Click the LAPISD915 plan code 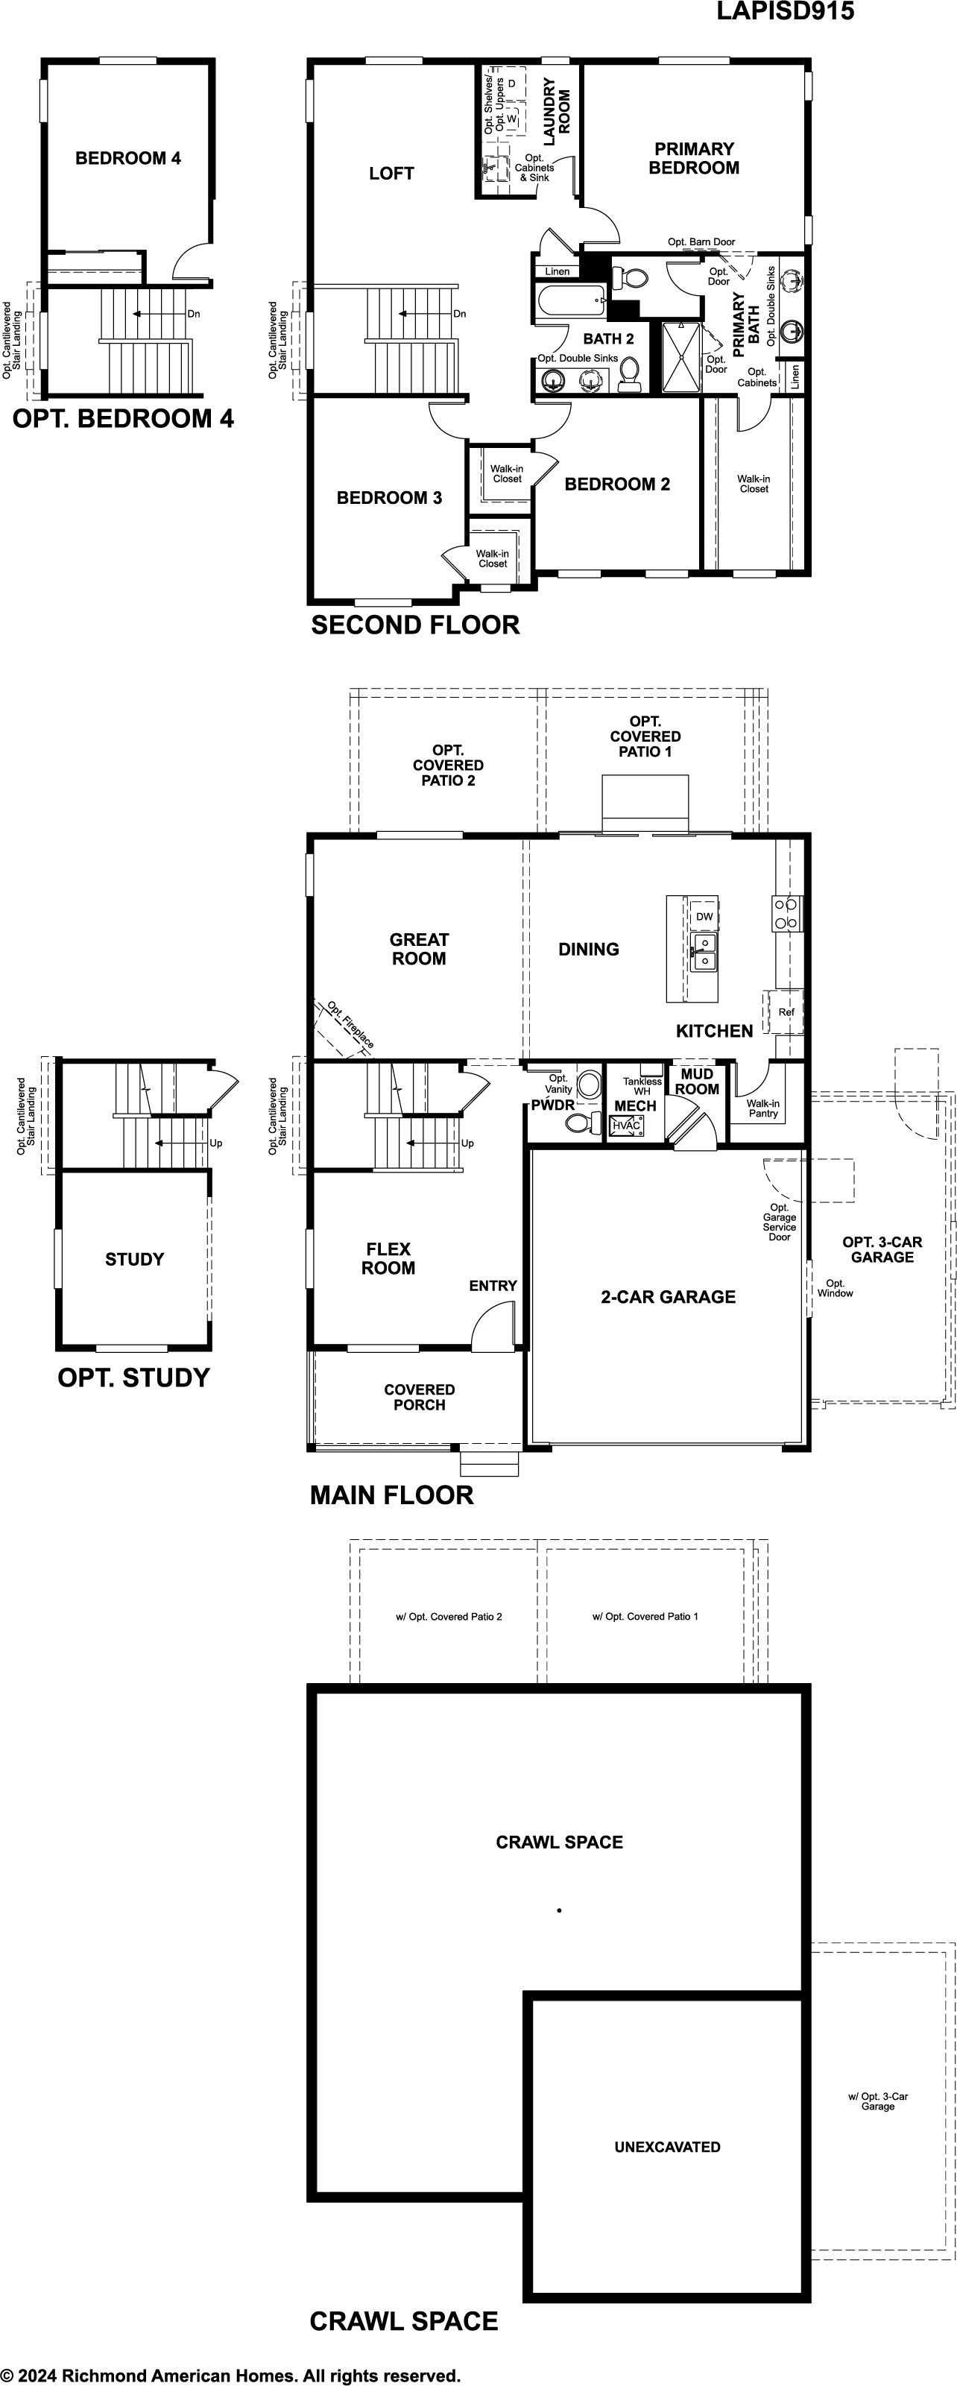pos(785,11)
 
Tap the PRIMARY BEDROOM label pos(694,158)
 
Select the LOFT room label pos(391,173)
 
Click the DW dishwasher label pos(704,917)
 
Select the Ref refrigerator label pos(786,1012)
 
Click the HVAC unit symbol pos(626,1126)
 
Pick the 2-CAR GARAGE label pos(668,1297)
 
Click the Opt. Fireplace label pos(350,1026)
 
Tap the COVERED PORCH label pos(420,1397)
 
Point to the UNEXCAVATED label pos(667,2146)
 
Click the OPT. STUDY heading pos(133,1377)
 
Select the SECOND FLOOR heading pos(415,625)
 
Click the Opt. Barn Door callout pos(701,242)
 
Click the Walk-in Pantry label pos(762,1108)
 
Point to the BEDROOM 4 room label pos(128,158)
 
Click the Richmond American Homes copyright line pos(231,2375)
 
